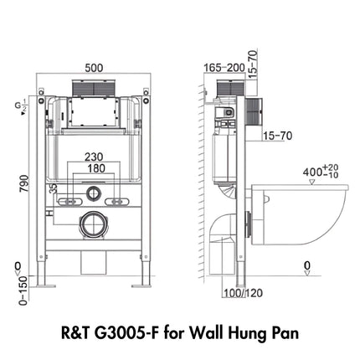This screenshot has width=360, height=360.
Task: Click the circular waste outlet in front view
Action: [95, 224]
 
